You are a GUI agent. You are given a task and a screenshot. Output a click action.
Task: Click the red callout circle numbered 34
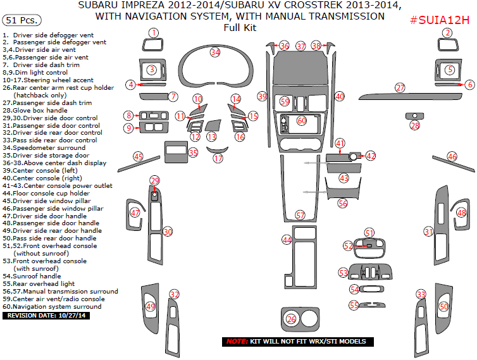pyautogui.click(x=216, y=52)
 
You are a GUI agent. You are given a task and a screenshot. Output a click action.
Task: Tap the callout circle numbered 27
pyautogui.click(x=400, y=87)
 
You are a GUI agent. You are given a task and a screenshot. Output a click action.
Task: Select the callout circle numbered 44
pyautogui.click(x=287, y=240)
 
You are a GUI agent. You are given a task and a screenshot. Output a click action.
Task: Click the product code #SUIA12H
pyautogui.click(x=440, y=20)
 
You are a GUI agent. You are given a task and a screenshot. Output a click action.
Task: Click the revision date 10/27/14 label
pyautogui.click(x=47, y=315)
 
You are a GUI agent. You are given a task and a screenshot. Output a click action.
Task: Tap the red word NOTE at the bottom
pyautogui.click(x=237, y=342)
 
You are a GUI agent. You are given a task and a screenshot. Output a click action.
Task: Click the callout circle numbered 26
pyautogui.click(x=291, y=320)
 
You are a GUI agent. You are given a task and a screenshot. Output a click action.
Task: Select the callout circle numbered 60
pyautogui.click(x=302, y=120)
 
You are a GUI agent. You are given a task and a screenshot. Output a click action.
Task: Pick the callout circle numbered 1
pyautogui.click(x=153, y=32)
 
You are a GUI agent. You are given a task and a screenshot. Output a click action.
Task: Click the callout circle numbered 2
pyautogui.click(x=447, y=32)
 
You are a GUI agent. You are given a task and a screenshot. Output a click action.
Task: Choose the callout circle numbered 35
pyautogui.click(x=193, y=152)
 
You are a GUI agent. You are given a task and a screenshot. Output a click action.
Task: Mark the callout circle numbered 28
pyautogui.click(x=415, y=125)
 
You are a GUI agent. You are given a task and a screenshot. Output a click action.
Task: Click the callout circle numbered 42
pyautogui.click(x=371, y=156)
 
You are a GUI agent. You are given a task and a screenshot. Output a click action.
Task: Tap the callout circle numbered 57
pyautogui.click(x=300, y=215)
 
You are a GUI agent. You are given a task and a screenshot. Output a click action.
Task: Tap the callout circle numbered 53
pyautogui.click(x=344, y=273)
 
